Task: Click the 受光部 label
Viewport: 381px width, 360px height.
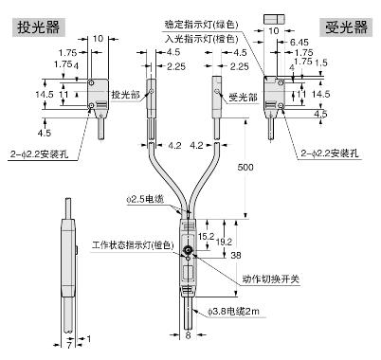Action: click(x=244, y=95)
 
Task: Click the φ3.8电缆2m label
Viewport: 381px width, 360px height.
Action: click(x=229, y=310)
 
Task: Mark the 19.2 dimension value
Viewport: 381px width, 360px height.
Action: click(x=223, y=242)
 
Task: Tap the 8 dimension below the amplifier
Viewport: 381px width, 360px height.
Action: click(x=190, y=334)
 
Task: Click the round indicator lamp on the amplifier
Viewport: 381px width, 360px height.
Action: click(x=188, y=251)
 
